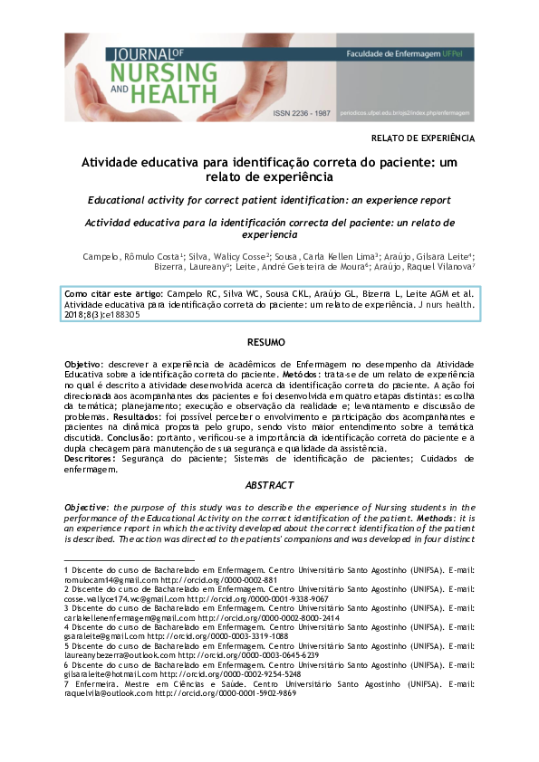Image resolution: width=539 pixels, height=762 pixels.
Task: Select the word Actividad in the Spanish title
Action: point(114,222)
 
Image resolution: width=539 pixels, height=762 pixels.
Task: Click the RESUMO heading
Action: point(268,342)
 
